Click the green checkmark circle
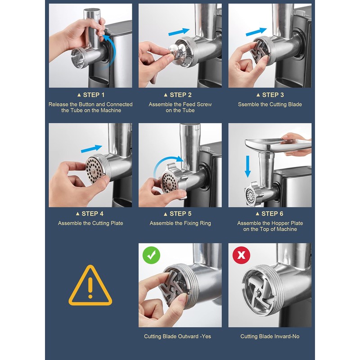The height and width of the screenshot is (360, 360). (151, 255)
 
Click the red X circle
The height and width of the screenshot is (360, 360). (241, 255)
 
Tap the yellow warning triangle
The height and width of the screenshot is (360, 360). (90, 285)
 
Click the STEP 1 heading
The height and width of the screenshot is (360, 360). (91, 95)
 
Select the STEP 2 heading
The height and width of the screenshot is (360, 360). (178, 95)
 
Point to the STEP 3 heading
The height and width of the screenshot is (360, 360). (270, 95)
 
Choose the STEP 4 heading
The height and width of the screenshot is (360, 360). (90, 214)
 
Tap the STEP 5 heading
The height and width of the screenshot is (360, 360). (178, 214)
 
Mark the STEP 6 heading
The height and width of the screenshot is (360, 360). (270, 214)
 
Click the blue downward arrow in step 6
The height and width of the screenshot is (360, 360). (247, 166)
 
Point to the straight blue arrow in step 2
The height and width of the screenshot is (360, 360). (179, 32)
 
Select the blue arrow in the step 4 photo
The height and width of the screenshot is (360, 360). (91, 148)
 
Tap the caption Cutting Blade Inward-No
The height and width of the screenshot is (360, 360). (270, 336)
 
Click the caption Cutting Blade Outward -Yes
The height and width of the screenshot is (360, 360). (177, 336)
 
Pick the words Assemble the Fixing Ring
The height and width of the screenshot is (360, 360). (180, 223)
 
